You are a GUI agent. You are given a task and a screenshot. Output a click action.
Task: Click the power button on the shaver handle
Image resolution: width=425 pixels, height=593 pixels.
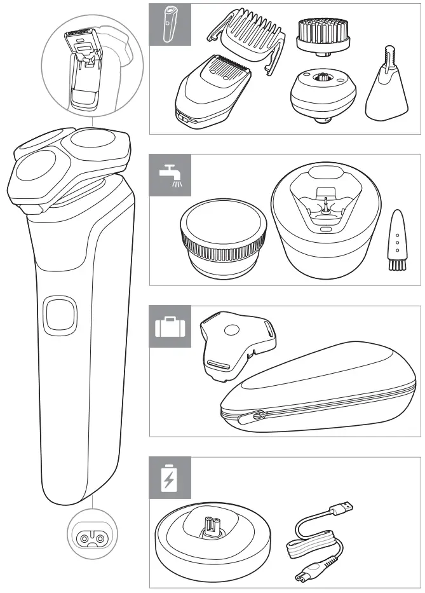coord(60,314)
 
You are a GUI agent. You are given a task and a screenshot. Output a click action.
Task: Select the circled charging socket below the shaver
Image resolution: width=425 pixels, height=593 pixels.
coord(90,539)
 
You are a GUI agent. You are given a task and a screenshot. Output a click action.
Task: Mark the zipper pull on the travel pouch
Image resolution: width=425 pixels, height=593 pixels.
coord(258,416)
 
